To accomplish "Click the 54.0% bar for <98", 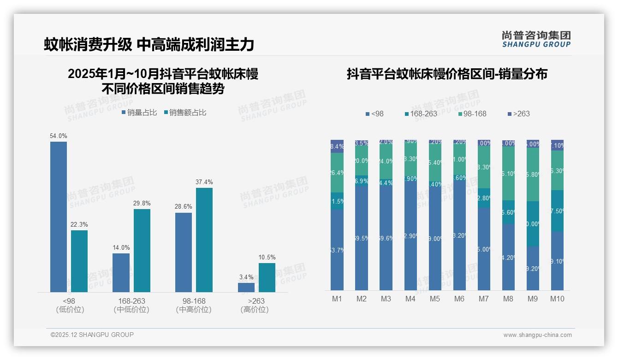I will [x=59, y=217].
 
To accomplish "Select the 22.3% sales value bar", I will [x=79, y=261].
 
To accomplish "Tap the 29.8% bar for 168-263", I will [x=142, y=251].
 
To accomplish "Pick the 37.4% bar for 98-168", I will [x=204, y=240].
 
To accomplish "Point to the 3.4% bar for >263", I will [x=246, y=288].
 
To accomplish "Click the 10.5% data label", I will [x=267, y=258].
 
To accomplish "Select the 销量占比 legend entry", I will [x=139, y=112].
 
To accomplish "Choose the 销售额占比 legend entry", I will [x=185, y=112].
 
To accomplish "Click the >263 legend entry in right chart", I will [x=519, y=114].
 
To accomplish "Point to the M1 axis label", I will [x=337, y=299].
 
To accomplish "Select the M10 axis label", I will [x=557, y=299].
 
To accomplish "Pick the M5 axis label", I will [x=435, y=299].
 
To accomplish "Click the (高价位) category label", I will [x=255, y=310].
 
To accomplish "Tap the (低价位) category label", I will [x=70, y=310].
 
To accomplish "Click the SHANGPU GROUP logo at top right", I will [x=536, y=39].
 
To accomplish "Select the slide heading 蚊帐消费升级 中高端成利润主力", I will [x=149, y=44].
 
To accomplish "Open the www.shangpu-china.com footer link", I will [x=537, y=335].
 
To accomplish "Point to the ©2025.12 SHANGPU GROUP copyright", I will [x=92, y=335].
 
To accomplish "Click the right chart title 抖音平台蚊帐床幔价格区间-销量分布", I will [x=447, y=74].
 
